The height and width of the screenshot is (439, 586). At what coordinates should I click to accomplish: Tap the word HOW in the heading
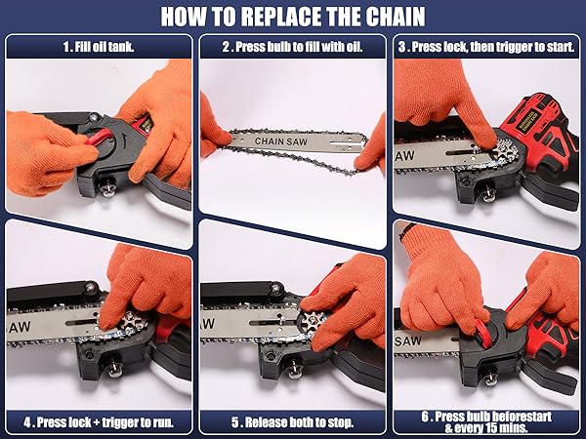click(x=185, y=17)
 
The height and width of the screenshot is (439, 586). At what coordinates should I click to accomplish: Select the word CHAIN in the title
click(x=392, y=17)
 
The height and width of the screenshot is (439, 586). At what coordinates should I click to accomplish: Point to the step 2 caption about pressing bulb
click(x=292, y=46)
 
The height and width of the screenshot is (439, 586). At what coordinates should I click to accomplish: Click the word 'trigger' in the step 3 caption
click(x=507, y=46)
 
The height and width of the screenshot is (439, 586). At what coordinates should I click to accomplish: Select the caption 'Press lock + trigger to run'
click(x=99, y=421)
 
